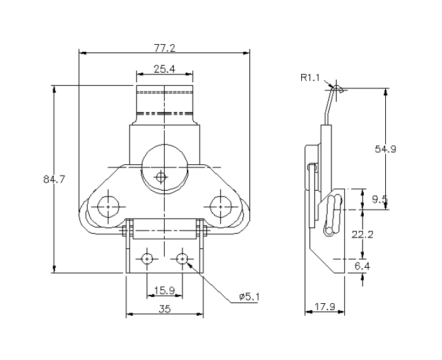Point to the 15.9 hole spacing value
[x=164, y=291]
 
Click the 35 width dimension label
[x=164, y=309]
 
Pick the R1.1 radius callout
[x=311, y=78]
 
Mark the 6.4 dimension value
[x=362, y=267]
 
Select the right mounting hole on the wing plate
[x=219, y=206]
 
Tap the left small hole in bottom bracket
[x=146, y=258]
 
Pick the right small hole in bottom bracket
[x=182, y=258]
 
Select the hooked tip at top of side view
[x=338, y=89]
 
